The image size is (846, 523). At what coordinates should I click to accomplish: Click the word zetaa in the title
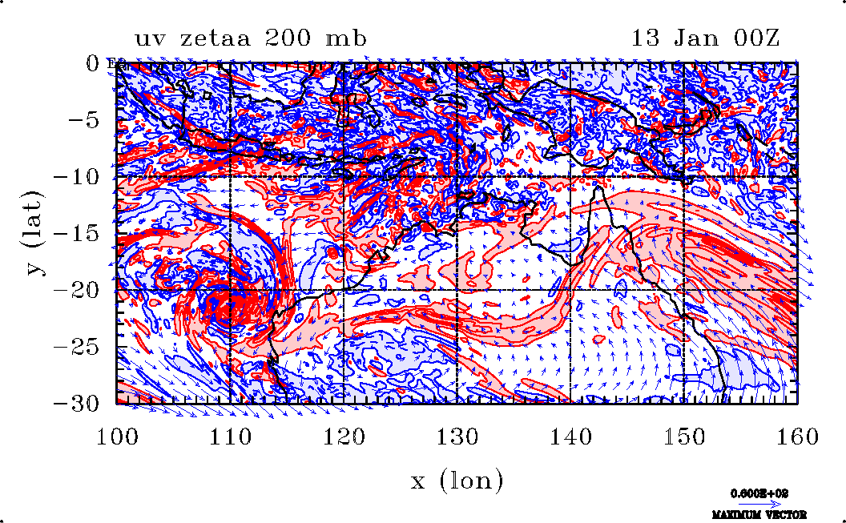[x=225, y=38]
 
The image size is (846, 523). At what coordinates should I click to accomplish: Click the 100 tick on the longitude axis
[x=117, y=437]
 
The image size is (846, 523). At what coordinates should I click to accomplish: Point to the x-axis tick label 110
[x=231, y=437]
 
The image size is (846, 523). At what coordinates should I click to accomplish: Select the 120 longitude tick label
[x=344, y=437]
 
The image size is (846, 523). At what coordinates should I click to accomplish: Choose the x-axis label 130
[x=457, y=437]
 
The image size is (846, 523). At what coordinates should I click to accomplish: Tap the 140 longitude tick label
[x=570, y=437]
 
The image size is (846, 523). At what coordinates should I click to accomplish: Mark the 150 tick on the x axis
[x=683, y=437]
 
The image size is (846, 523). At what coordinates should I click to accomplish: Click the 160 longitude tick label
[x=796, y=437]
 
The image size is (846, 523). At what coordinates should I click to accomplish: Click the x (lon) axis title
[x=457, y=481]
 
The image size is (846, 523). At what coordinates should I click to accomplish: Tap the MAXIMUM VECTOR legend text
[x=759, y=514]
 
